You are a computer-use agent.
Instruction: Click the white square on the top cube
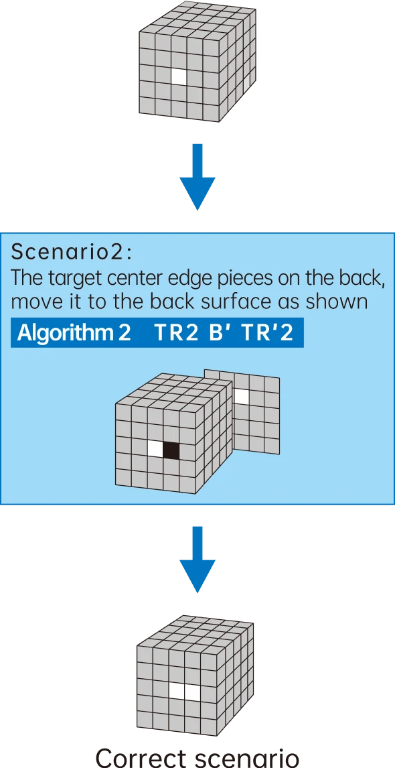pos(179,75)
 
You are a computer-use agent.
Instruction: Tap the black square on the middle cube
pos(171,450)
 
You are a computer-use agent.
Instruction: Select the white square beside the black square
pos(155,448)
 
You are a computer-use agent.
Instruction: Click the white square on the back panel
pos(241,396)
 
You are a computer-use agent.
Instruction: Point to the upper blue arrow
pos(197,177)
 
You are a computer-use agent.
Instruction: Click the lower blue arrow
pos(197,560)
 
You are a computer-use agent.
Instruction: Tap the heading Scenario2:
pos(72,253)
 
